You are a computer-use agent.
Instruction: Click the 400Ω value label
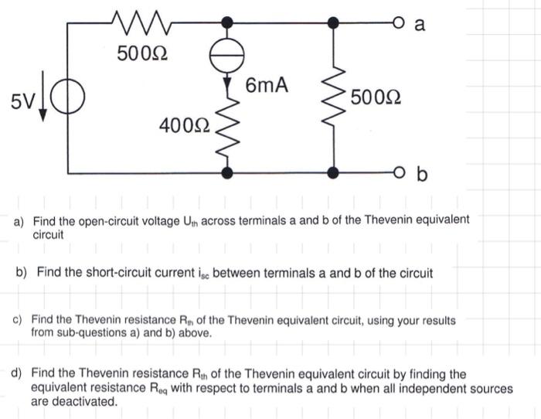[182, 124]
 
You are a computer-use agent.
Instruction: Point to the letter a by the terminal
[420, 24]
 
